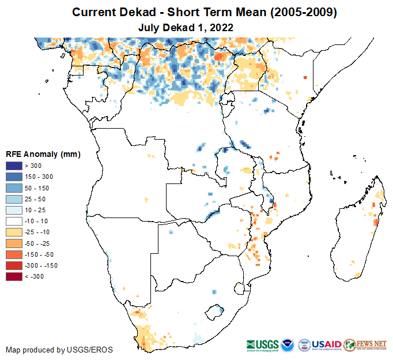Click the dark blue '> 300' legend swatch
tap(14, 166)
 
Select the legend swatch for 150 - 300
tap(14, 177)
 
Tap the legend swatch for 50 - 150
tap(14, 188)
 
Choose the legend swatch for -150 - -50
tap(14, 254)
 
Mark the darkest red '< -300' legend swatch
tap(14, 277)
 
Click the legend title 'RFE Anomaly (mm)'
tap(43, 154)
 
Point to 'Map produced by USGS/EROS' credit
tap(59, 350)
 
